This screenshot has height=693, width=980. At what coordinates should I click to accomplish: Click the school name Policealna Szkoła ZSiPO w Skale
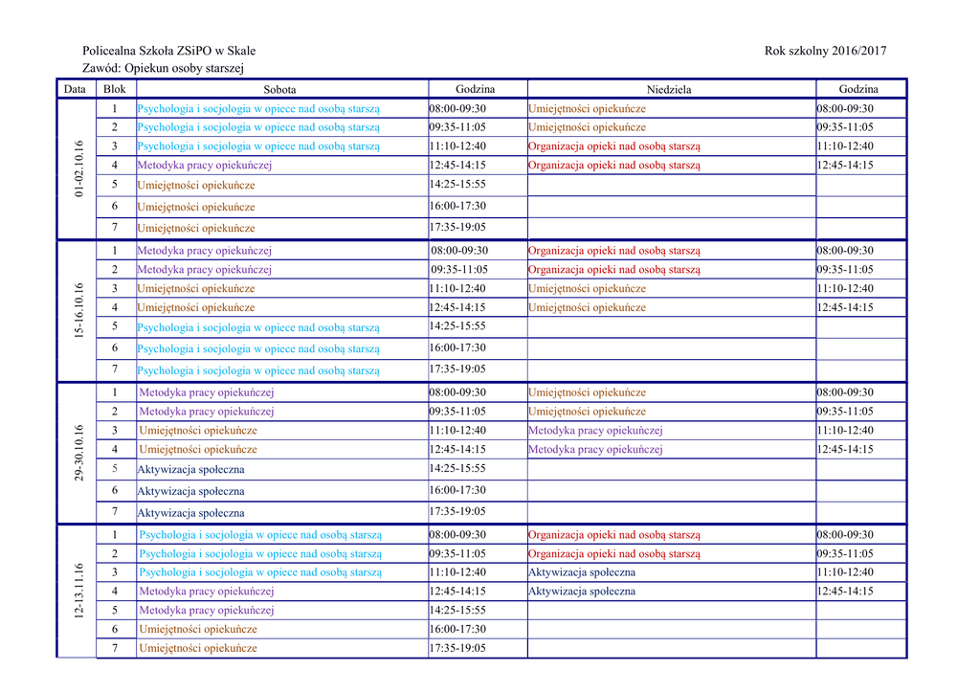(169, 51)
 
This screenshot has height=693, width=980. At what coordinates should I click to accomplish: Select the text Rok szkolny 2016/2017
(826, 51)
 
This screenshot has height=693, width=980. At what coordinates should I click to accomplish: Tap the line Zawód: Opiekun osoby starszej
(164, 69)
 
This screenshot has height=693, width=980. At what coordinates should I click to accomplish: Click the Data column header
(75, 89)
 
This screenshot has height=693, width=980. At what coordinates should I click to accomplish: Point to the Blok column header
(114, 89)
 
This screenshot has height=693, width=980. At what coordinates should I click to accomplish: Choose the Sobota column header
(279, 90)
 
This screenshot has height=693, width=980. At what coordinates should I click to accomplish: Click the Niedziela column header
(669, 90)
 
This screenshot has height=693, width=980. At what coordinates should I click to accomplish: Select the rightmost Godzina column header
(858, 89)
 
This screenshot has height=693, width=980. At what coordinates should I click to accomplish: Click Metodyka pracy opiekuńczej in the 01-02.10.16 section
(205, 165)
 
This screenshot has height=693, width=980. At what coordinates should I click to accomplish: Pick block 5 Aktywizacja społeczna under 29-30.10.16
(191, 469)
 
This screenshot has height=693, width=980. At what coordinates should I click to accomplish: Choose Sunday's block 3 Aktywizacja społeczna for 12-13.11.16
(582, 572)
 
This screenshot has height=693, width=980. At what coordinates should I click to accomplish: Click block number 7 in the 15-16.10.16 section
(115, 369)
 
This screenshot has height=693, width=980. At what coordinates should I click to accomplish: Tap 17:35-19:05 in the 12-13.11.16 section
(457, 648)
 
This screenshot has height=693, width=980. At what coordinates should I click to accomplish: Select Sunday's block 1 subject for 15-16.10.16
(614, 251)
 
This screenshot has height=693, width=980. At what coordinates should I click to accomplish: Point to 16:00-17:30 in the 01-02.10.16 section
(457, 206)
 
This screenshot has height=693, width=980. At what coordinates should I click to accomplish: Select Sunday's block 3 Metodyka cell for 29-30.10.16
(595, 431)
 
